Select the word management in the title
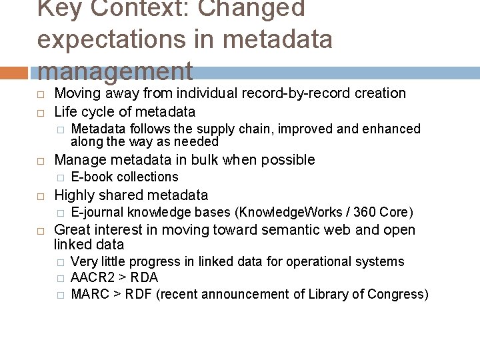[x=115, y=70]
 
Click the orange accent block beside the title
[x=15, y=72]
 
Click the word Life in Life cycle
[x=65, y=111]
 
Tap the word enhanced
[x=393, y=129]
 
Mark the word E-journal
[x=97, y=213]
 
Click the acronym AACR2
[x=90, y=278]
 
